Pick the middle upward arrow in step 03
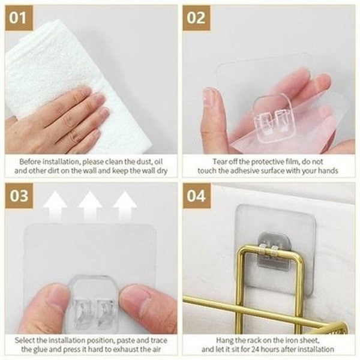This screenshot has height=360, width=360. tap(89, 207)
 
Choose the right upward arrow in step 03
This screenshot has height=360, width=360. tap(125, 207)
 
